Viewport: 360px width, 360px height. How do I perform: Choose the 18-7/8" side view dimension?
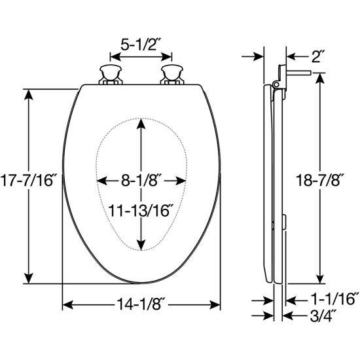tap(319, 179)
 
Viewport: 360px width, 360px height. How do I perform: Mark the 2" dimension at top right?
tap(319, 56)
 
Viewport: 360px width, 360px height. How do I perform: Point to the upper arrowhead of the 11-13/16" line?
tap(141, 123)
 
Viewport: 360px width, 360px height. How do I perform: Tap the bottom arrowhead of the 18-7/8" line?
tap(319, 278)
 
